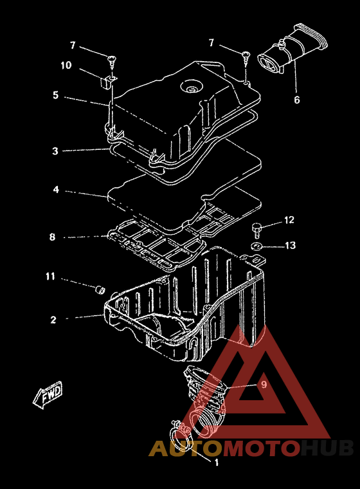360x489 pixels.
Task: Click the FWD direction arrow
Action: click(48, 394)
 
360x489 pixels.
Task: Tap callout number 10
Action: click(66, 65)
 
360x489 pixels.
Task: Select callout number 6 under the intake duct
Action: click(297, 100)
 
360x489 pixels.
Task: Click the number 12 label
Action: click(289, 220)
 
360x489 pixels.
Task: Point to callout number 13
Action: click(290, 245)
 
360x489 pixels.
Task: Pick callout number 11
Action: click(51, 276)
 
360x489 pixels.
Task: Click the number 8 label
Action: click(52, 237)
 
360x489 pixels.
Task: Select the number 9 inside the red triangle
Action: click(264, 385)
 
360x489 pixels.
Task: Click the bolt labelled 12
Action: click(256, 230)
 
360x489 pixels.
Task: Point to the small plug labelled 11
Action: click(100, 290)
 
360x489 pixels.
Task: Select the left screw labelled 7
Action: click(112, 61)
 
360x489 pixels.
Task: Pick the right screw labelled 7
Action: click(246, 58)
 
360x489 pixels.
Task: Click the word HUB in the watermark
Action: click(327, 448)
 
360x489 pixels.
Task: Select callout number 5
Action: click(55, 95)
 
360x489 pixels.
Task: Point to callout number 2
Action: click(53, 320)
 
